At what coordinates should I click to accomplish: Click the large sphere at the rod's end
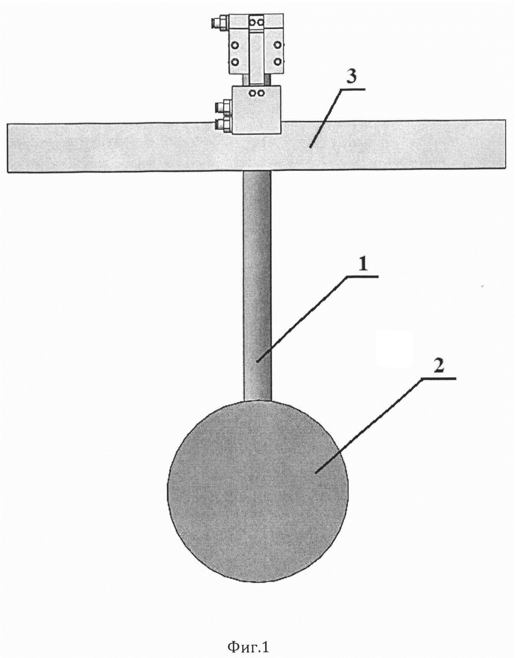(x=258, y=491)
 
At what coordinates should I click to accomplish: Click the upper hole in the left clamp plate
(x=235, y=45)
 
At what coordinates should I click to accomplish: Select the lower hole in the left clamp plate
(x=235, y=62)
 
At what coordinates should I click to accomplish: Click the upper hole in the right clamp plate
(x=278, y=45)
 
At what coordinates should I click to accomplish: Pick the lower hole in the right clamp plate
(x=278, y=62)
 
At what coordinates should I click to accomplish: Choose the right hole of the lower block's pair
(x=261, y=93)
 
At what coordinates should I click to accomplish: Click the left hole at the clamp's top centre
(x=253, y=22)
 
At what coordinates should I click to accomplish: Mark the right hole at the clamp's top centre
(x=260, y=22)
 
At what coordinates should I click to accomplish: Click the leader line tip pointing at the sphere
(x=316, y=473)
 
